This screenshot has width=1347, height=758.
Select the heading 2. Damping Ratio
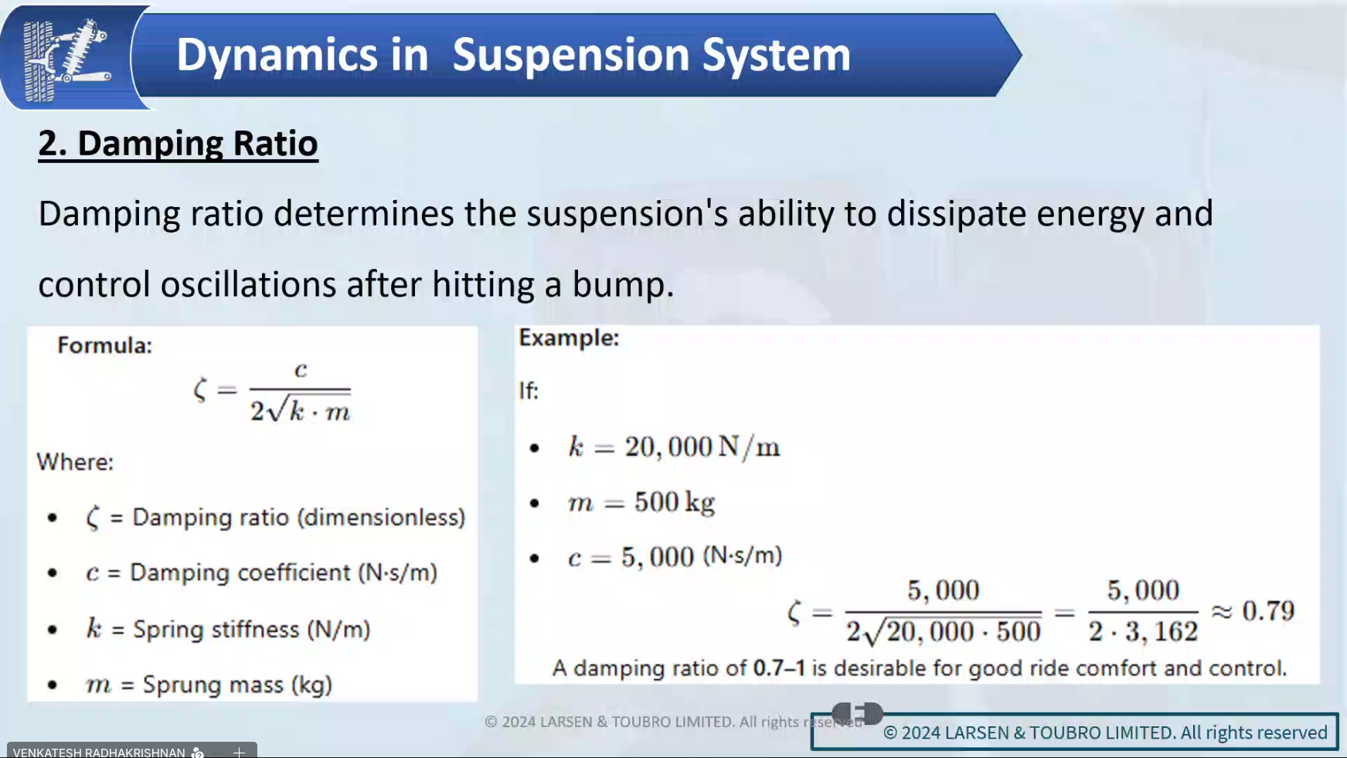point(178,144)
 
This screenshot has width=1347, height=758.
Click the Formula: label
point(104,345)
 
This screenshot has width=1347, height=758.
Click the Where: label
point(75,462)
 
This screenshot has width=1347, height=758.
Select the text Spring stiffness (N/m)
point(251,630)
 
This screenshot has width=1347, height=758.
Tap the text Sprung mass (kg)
point(237,685)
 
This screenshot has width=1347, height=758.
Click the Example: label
point(569,338)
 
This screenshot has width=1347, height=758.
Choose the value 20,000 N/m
point(702,447)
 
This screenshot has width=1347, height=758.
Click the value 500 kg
point(675,503)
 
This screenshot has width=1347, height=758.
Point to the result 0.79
point(1268,611)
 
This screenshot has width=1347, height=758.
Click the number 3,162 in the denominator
point(1162,632)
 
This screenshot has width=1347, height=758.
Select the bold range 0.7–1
point(778,668)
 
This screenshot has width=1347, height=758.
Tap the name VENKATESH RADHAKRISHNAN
point(99,752)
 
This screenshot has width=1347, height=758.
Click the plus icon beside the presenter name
point(239,752)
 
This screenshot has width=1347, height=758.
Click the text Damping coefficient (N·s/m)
point(284,573)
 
